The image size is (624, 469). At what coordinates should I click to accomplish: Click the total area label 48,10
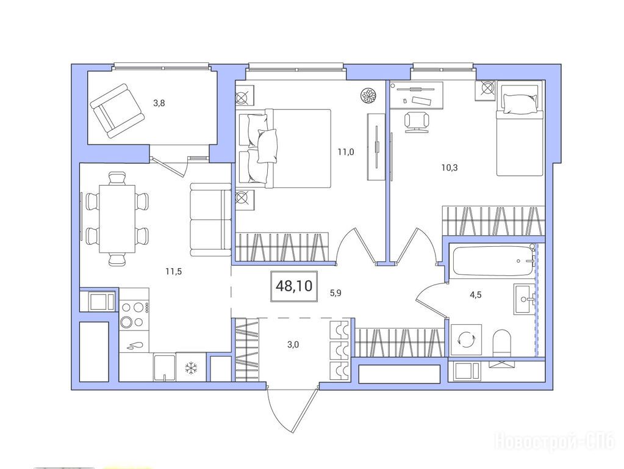point(294,286)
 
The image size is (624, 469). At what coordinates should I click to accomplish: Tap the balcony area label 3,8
point(159,103)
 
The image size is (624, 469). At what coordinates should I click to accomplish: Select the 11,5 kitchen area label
point(174,272)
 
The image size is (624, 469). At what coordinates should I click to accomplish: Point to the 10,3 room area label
point(450,167)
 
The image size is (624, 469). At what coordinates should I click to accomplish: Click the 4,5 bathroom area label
point(476,295)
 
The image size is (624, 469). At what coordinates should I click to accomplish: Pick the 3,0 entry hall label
point(293,344)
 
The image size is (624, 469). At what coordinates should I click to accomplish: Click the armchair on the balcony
point(117,111)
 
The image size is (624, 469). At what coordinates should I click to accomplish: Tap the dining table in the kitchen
point(117,219)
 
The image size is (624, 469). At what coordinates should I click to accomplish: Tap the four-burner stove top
point(134,314)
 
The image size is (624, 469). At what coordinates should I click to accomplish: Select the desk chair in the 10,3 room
point(417,122)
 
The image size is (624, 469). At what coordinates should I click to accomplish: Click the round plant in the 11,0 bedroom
point(368,96)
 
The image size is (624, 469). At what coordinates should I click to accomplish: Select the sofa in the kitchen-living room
point(210,220)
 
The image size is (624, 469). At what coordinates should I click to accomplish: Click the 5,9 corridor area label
point(335,294)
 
